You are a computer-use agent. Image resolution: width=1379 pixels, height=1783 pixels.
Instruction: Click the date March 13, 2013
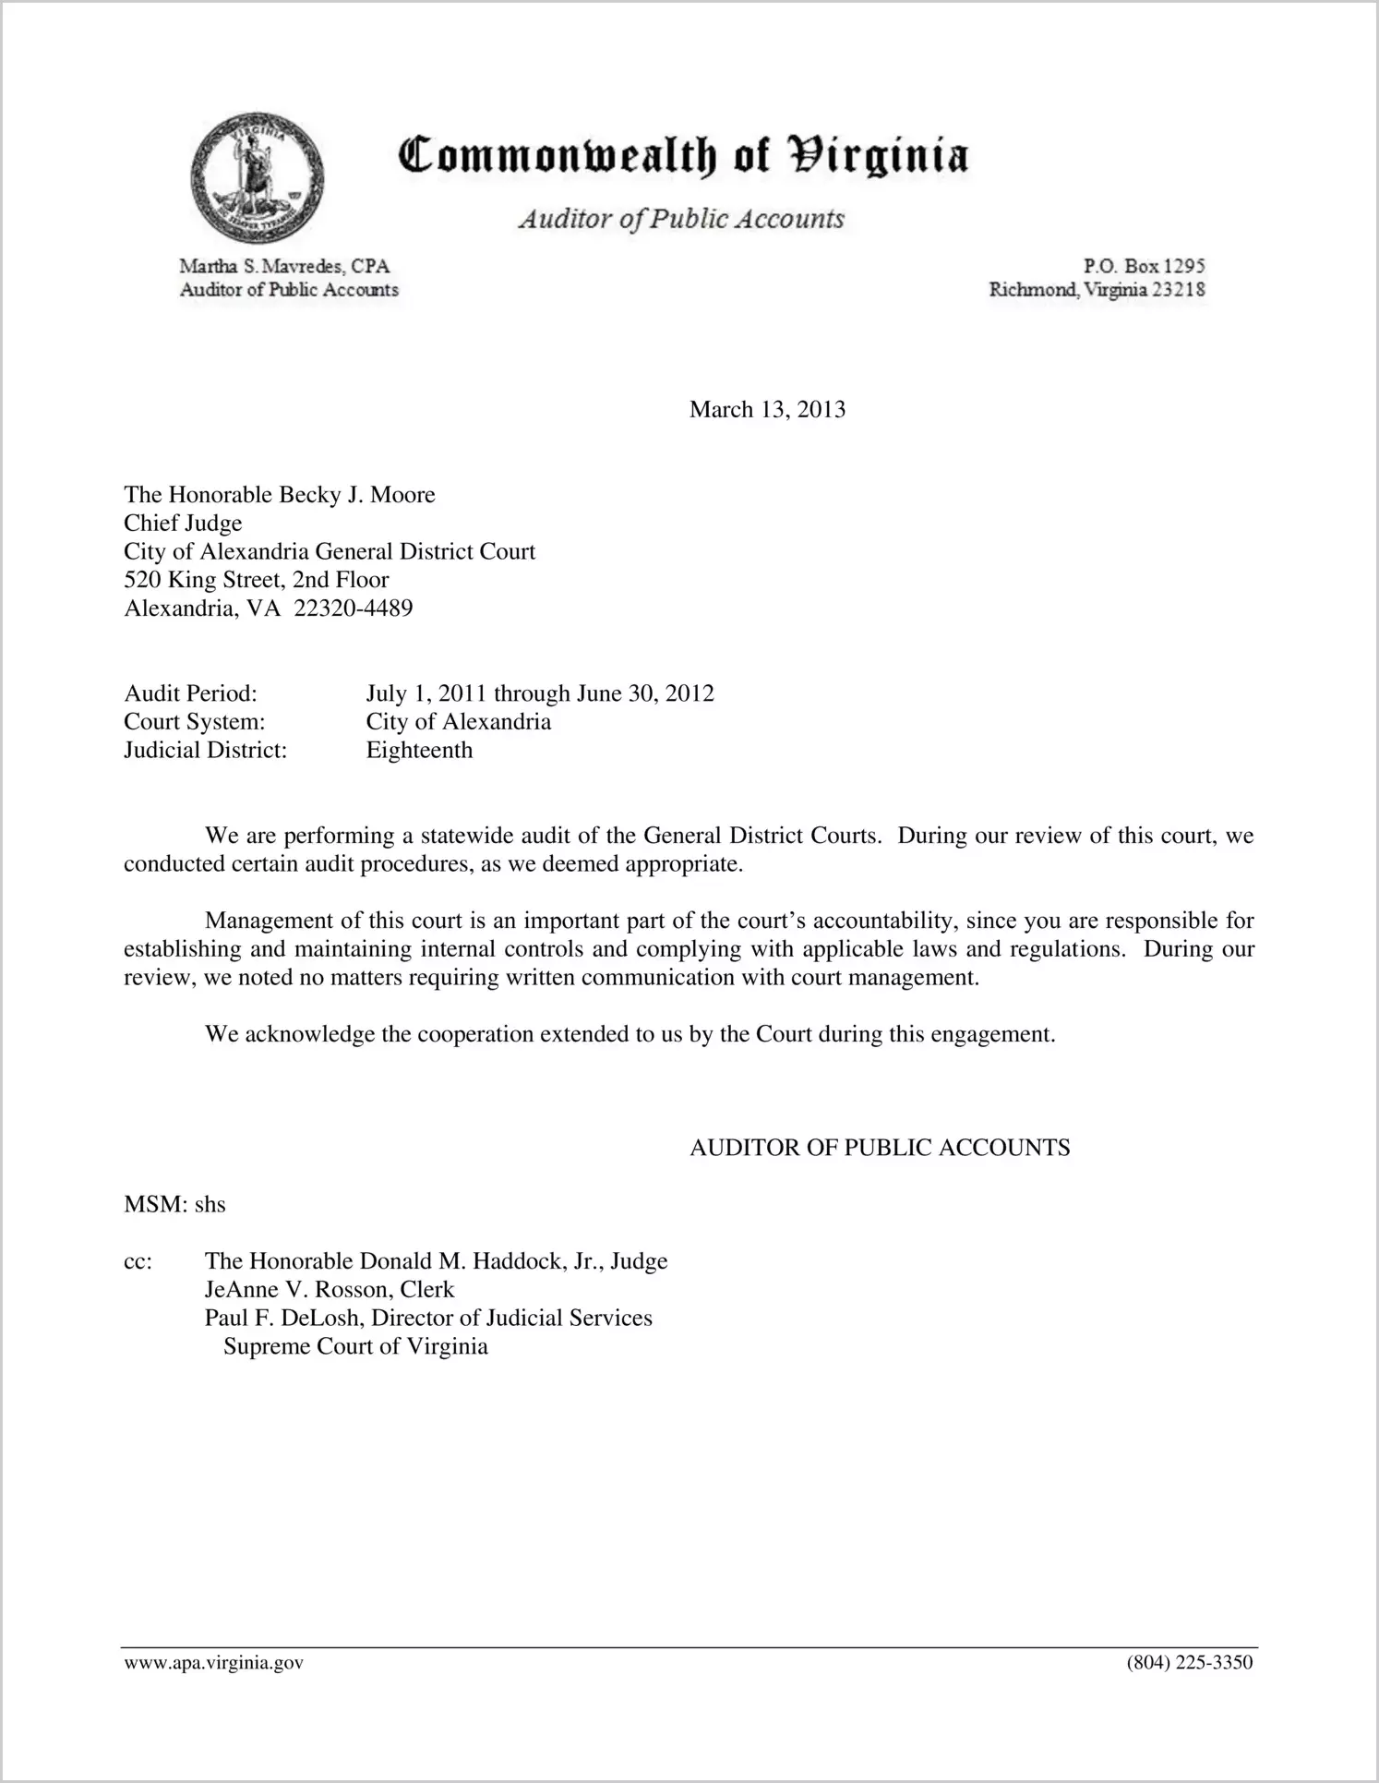coord(767,410)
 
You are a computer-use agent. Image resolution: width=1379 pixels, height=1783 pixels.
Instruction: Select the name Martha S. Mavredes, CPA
coord(284,267)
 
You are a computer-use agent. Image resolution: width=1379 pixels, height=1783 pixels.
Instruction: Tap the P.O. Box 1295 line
coord(1144,266)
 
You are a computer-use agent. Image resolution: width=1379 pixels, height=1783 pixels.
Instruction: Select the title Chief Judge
coord(183,524)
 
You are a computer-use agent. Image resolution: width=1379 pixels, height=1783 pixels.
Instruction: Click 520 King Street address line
coord(257,580)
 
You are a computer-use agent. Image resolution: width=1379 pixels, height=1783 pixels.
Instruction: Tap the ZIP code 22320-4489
coord(353,608)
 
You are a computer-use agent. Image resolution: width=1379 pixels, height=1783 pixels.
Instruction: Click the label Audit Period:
coord(190,693)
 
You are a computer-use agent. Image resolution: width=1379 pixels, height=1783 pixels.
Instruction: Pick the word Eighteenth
coord(419,750)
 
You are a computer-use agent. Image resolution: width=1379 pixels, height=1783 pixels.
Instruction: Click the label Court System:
coord(195,722)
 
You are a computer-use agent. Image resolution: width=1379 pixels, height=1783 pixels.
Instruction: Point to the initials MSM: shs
coord(174,1205)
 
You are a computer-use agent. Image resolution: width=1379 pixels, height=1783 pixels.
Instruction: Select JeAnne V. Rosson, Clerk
coord(330,1290)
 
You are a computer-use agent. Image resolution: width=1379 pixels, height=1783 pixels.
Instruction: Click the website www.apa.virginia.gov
coord(213,1664)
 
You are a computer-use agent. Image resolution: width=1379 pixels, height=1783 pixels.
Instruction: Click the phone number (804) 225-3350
coord(1190,1664)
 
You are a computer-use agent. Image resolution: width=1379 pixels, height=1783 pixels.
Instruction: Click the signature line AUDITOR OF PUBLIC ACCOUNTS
coord(880,1148)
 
